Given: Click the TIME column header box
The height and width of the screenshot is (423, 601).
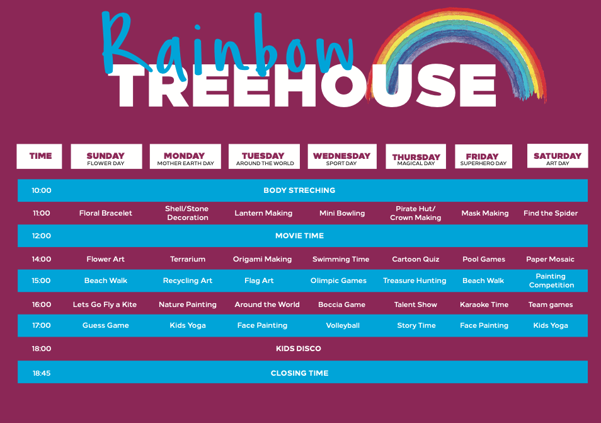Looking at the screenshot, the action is click(39, 156).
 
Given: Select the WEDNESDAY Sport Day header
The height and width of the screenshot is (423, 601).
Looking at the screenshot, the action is click(342, 156).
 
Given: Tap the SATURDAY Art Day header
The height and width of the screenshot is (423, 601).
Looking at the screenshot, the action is click(558, 156).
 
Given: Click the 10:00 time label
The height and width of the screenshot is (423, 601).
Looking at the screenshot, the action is click(42, 190).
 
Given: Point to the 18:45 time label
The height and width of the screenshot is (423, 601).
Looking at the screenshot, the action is click(42, 373).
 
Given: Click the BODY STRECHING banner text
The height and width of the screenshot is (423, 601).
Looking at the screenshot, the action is click(299, 190).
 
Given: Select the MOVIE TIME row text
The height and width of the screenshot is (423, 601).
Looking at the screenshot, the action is click(299, 236).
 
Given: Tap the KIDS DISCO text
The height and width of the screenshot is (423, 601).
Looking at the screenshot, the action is click(299, 349).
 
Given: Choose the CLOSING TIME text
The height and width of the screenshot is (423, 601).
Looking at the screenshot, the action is click(299, 373).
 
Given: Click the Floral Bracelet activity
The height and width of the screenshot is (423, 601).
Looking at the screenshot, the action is click(105, 213).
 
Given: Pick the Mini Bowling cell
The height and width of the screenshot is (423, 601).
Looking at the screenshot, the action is click(342, 213).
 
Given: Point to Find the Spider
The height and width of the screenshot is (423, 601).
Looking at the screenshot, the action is click(551, 213).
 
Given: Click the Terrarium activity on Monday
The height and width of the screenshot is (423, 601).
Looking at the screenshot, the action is click(188, 259).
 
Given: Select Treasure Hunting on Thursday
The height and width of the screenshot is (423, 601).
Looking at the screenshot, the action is click(415, 281).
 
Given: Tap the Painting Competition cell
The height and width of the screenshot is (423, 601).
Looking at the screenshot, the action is click(551, 281).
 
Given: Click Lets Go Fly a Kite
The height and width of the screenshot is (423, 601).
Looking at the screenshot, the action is click(105, 304).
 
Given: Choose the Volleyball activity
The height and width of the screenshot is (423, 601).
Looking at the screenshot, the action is click(343, 325).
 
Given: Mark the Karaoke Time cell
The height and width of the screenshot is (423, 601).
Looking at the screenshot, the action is click(484, 304).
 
